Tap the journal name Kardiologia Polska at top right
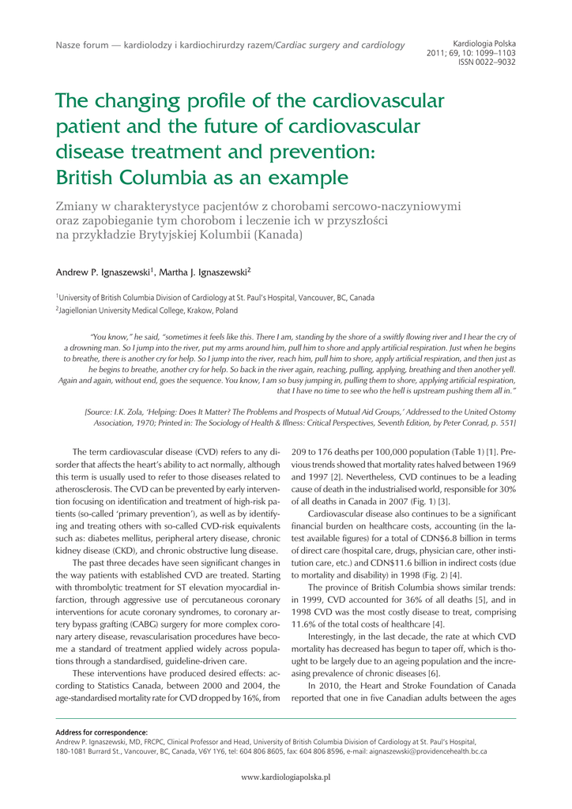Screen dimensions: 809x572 (x=484, y=40)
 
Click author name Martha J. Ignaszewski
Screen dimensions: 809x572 (x=205, y=273)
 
